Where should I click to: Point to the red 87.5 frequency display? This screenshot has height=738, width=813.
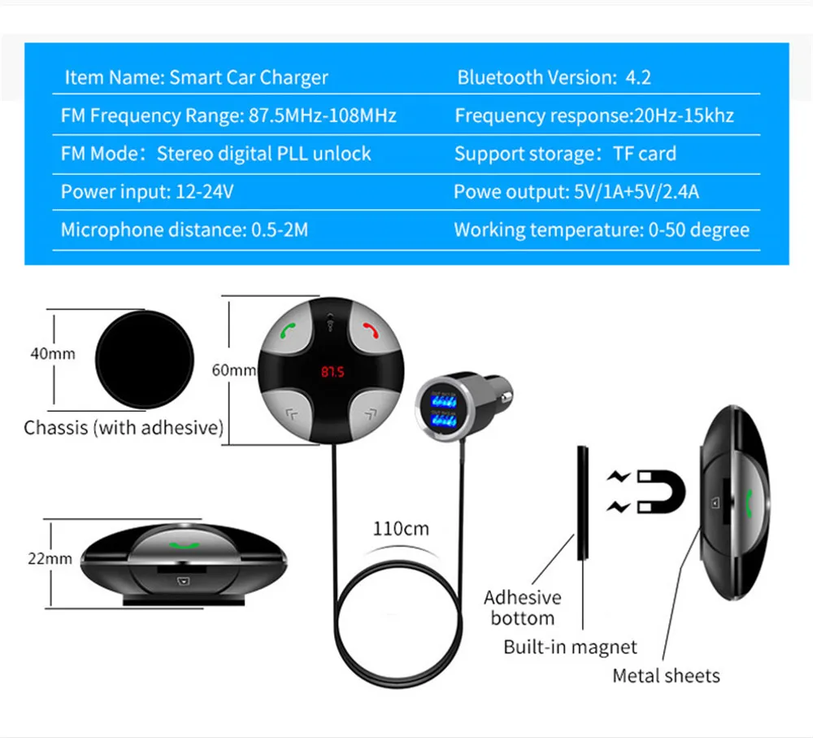click(333, 372)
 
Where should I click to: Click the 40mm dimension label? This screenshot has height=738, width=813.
click(53, 353)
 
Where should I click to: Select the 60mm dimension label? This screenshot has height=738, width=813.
click(234, 370)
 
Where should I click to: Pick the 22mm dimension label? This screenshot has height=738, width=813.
click(50, 558)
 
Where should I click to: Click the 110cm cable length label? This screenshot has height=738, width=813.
click(401, 528)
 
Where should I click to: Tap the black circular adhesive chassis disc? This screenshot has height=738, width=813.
click(145, 359)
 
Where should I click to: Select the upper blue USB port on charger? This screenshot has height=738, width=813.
click(444, 400)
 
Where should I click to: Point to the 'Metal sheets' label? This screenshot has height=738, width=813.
click(667, 675)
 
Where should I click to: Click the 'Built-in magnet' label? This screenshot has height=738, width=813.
click(570, 647)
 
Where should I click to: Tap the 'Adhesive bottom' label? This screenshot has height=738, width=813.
click(523, 608)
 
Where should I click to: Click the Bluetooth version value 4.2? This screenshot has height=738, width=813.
click(638, 77)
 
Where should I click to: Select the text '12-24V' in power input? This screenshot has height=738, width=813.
click(205, 191)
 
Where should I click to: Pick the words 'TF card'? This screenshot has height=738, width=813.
click(645, 154)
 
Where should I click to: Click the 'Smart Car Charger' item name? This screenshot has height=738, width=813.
click(249, 77)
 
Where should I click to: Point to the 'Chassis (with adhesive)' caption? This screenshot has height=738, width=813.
click(124, 428)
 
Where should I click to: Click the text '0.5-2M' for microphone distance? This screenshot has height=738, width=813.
click(280, 229)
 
